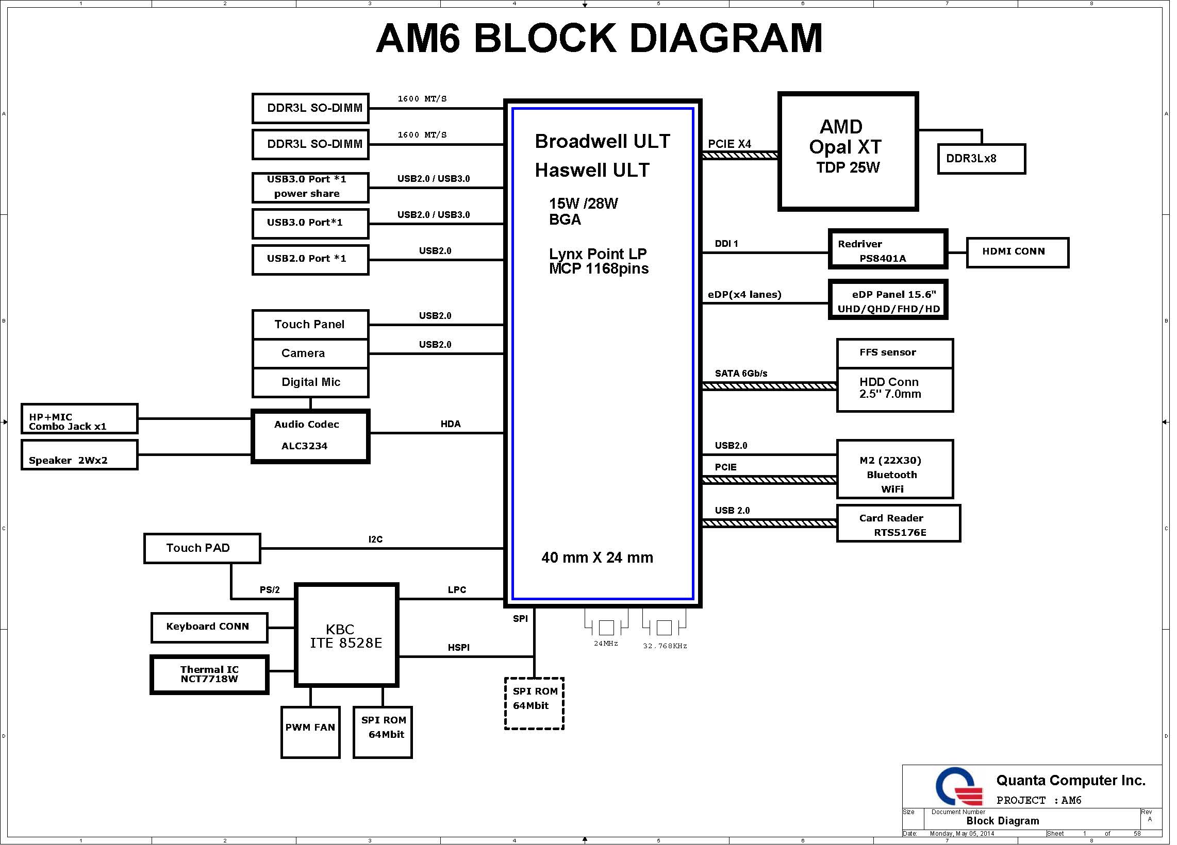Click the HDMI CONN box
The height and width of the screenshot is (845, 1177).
tap(1017, 252)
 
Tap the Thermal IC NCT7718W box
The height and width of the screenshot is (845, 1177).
tap(209, 674)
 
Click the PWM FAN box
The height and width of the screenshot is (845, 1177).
tap(310, 732)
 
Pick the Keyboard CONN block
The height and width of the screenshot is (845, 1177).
tap(209, 628)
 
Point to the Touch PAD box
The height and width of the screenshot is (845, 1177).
tap(202, 548)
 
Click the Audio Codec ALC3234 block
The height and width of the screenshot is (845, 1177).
tap(310, 436)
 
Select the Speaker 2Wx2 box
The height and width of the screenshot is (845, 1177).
tap(79, 455)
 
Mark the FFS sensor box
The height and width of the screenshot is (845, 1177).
tap(894, 353)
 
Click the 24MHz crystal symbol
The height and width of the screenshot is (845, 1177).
tap(606, 628)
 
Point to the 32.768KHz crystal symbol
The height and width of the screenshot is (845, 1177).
tap(664, 628)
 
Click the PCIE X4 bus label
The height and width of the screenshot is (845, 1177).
tap(729, 144)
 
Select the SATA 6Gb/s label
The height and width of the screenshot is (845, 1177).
tap(740, 374)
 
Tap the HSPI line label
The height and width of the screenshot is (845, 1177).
tap(458, 647)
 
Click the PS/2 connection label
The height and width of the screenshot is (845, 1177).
tap(269, 590)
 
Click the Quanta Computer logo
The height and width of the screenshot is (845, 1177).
tap(958, 787)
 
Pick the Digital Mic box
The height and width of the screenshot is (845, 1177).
tap(310, 382)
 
